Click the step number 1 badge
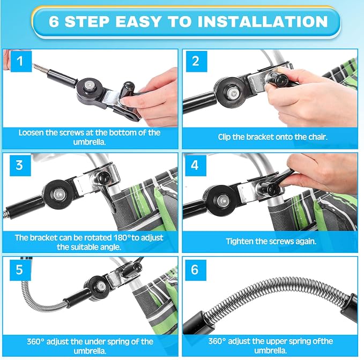pyautogui.click(x=21, y=61)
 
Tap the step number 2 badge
pyautogui.click(x=196, y=61)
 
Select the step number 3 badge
pyautogui.click(x=20, y=166)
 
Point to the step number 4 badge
pyautogui.click(x=196, y=166)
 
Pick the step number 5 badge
pyautogui.click(x=20, y=270)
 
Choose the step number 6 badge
pyautogui.click(x=196, y=270)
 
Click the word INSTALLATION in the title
pyautogui.click(x=263, y=21)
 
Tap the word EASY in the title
pyautogui.click(x=138, y=21)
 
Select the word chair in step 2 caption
pyautogui.click(x=317, y=137)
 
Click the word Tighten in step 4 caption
pyautogui.click(x=239, y=242)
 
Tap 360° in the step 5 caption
pyautogui.click(x=35, y=341)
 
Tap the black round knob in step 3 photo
pyautogui.click(x=102, y=178)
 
